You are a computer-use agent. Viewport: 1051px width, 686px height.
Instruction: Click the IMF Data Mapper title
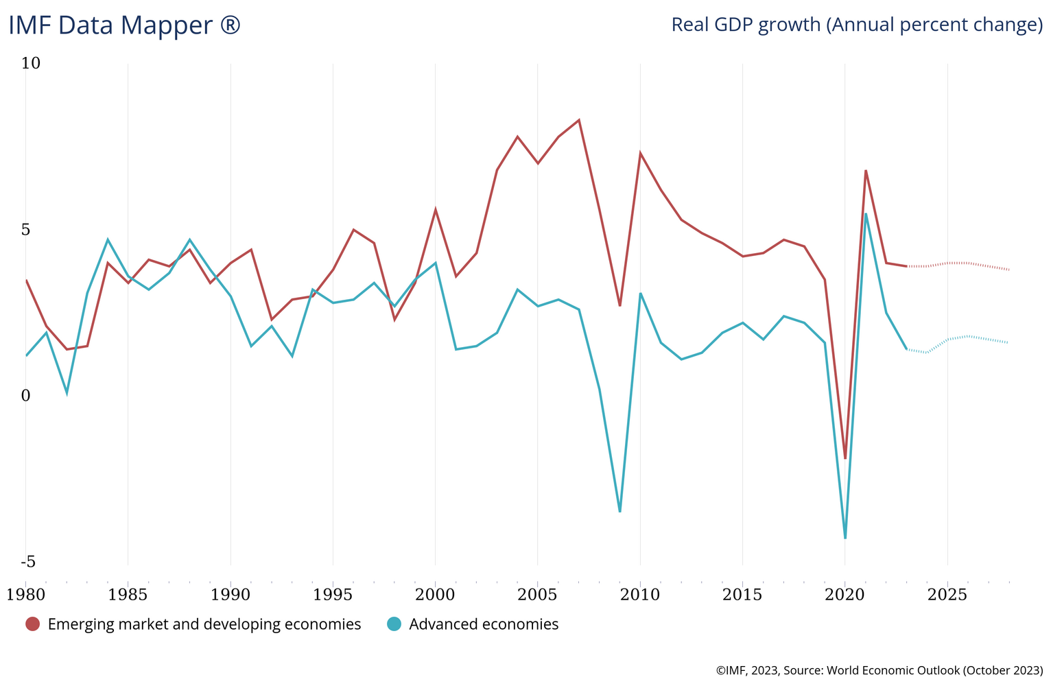pyautogui.click(x=124, y=25)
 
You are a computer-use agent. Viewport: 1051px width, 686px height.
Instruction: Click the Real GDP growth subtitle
pyautogui.click(x=856, y=25)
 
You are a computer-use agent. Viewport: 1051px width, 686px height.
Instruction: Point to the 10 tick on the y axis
pyautogui.click(x=31, y=63)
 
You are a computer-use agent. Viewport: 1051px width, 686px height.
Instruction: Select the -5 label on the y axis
pyautogui.click(x=28, y=563)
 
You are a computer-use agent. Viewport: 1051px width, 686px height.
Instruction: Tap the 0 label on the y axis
pyautogui.click(x=26, y=396)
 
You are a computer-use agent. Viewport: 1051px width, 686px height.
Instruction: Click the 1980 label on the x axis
pyautogui.click(x=26, y=594)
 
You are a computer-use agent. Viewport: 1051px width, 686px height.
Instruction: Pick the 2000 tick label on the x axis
pyautogui.click(x=436, y=594)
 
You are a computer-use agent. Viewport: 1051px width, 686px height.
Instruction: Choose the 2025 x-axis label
pyautogui.click(x=947, y=594)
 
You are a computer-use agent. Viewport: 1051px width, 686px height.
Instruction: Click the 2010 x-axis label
pyautogui.click(x=640, y=594)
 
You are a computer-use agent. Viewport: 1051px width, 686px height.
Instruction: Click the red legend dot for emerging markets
pyautogui.click(x=32, y=624)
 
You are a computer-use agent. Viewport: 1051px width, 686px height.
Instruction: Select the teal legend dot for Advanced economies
pyautogui.click(x=394, y=624)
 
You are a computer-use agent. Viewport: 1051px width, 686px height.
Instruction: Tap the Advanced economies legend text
pyautogui.click(x=484, y=624)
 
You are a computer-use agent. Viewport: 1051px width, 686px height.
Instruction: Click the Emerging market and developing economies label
pyautogui.click(x=204, y=624)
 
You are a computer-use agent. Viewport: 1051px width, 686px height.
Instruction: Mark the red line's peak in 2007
pyautogui.click(x=579, y=120)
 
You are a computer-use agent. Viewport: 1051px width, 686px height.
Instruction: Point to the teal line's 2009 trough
pyautogui.click(x=620, y=511)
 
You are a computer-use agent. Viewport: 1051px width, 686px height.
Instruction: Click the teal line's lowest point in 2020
pyautogui.click(x=845, y=538)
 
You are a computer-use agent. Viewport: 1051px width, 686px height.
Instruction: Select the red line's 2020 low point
pyautogui.click(x=845, y=458)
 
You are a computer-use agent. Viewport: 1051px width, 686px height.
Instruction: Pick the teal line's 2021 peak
pyautogui.click(x=866, y=213)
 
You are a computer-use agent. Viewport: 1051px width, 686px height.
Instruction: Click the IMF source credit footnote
pyautogui.click(x=879, y=670)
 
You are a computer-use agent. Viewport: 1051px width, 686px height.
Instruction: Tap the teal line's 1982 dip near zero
pyautogui.click(x=67, y=393)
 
